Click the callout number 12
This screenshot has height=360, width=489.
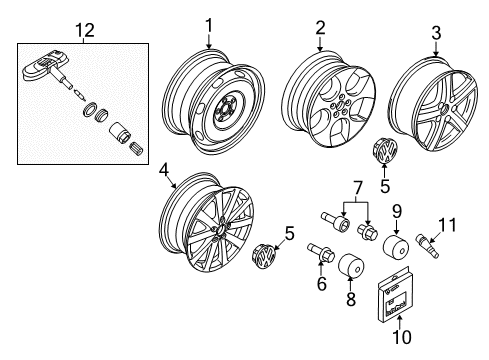tap(85, 30)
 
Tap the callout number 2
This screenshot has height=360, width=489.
tap(320, 28)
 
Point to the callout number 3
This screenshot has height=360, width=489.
tap(436, 33)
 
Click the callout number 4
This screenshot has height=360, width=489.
tap(164, 170)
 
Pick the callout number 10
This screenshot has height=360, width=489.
tap(402, 337)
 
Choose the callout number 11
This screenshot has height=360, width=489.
tap(447, 225)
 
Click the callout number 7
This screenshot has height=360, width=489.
tap(357, 188)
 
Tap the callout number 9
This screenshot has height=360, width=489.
tap(397, 211)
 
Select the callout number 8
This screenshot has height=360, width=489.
tap(351, 298)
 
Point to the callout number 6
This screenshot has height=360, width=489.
tap(322, 284)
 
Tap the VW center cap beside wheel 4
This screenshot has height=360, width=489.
tap(264, 256)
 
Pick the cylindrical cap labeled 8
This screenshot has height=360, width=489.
tap(351, 266)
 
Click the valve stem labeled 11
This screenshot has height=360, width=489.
tap(427, 247)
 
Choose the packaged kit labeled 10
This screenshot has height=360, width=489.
tap(394, 295)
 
